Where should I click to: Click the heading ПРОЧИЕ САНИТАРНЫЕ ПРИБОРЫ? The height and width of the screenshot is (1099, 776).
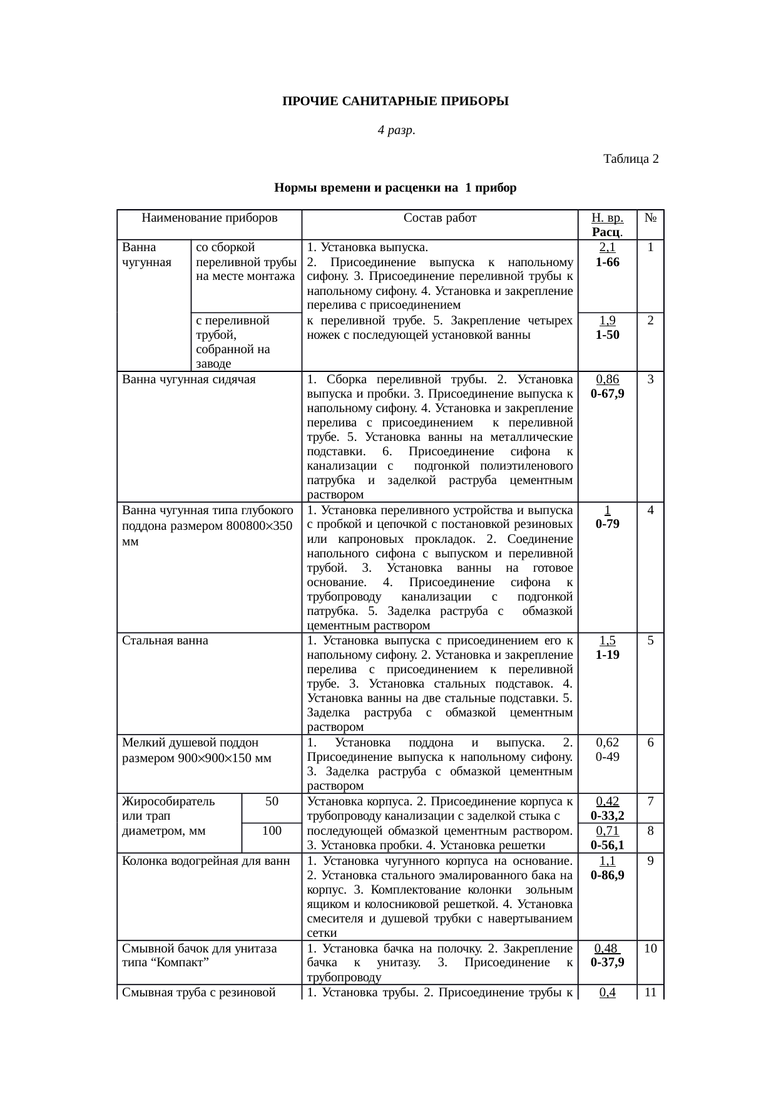(395, 101)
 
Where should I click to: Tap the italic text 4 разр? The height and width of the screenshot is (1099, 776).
(396, 130)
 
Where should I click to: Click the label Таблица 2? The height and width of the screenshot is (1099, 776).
(630, 158)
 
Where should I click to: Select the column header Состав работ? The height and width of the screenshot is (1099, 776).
(439, 218)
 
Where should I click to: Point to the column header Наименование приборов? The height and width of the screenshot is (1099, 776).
(210, 218)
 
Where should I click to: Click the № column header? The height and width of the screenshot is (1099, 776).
(650, 218)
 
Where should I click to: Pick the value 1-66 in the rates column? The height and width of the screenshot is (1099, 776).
(607, 262)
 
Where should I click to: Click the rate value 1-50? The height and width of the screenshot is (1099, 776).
(607, 335)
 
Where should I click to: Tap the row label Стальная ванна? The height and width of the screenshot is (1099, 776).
(165, 641)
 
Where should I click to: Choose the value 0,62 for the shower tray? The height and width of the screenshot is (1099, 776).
(607, 742)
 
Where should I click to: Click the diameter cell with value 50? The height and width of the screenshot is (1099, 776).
(272, 801)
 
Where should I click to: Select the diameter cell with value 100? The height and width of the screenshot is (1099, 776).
(272, 830)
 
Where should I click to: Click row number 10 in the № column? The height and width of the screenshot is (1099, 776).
(650, 948)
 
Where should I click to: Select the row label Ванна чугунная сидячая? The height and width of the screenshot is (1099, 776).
(189, 379)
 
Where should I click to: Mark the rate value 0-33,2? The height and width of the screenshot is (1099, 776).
(607, 815)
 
